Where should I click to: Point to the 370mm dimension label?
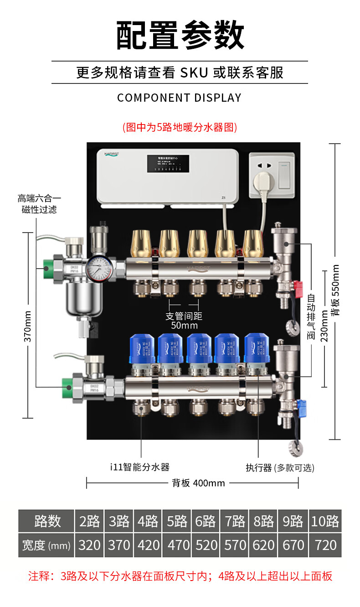click(27, 326)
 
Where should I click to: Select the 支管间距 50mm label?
click(184, 321)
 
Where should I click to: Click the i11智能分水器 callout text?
click(140, 467)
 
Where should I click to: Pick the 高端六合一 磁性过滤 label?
click(39, 204)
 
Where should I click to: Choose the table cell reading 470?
click(177, 545)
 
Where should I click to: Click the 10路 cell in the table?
click(325, 521)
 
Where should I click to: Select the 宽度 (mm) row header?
click(46, 545)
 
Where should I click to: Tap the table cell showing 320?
click(90, 545)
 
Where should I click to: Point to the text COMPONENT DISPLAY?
click(180, 98)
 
